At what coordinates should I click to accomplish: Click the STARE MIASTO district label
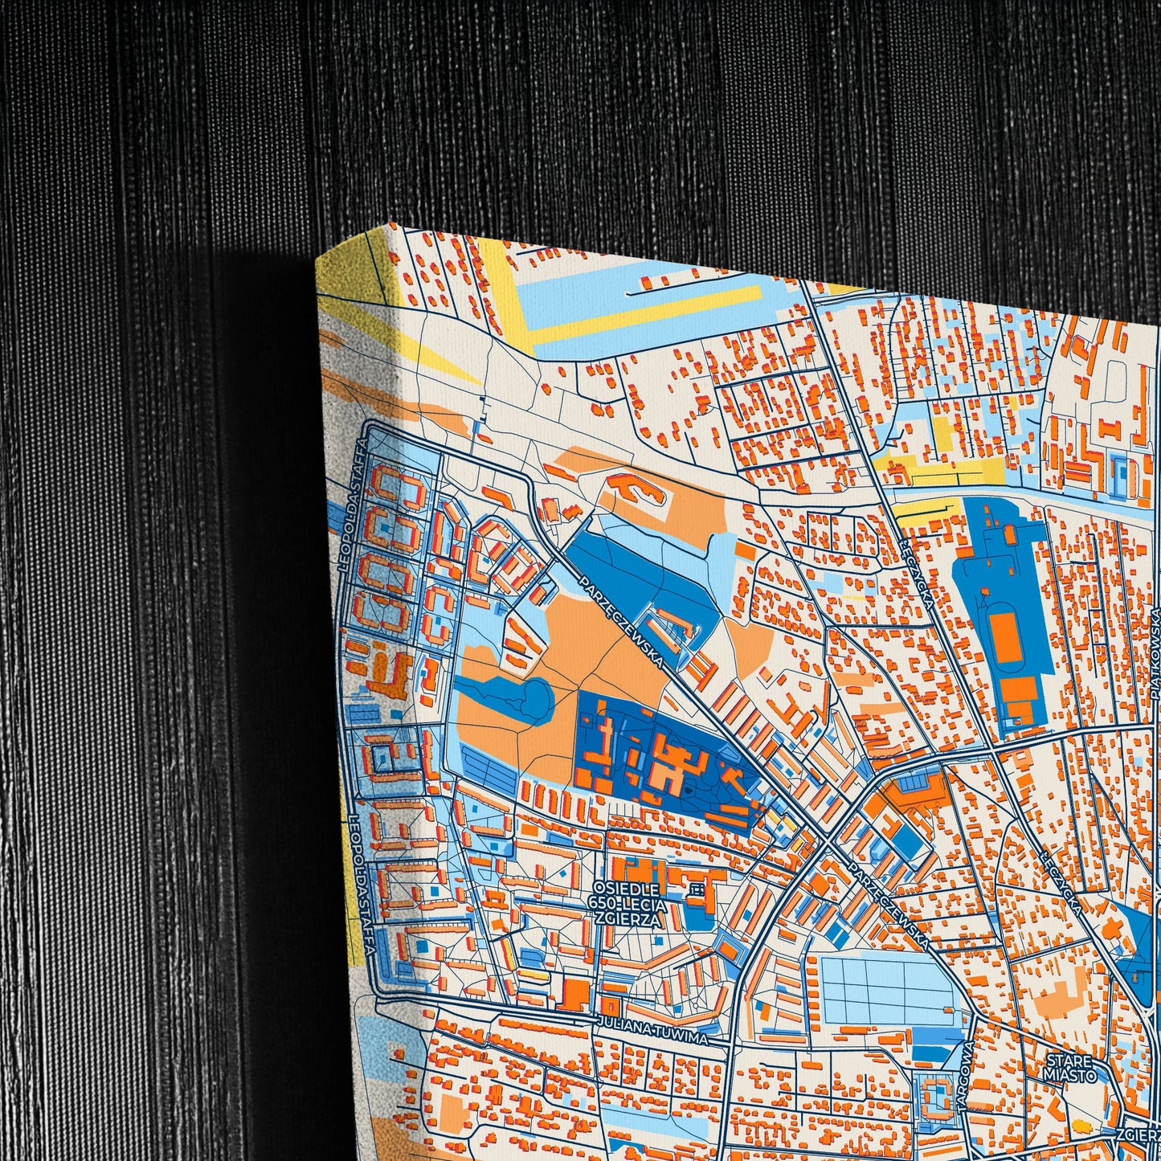[1069, 1067]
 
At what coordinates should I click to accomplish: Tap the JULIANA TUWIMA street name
[652, 1031]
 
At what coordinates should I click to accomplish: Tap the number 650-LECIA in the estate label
[632, 905]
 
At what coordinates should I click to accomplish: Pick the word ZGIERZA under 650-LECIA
[635, 921]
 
